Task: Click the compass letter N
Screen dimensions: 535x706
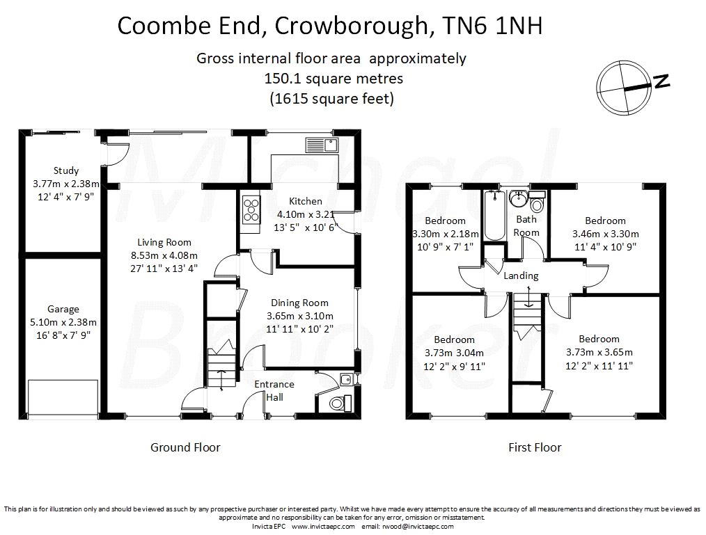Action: point(662,81)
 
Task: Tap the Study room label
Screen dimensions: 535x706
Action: point(66,170)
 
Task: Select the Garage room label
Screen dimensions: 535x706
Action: point(63,309)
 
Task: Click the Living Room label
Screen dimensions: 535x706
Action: point(164,242)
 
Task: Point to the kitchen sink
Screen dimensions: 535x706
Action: point(321,145)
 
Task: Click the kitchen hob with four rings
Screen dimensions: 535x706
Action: point(249,209)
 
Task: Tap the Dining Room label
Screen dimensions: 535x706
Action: point(299,303)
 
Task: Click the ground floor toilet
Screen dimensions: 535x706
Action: point(338,401)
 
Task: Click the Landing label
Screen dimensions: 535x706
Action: point(521,276)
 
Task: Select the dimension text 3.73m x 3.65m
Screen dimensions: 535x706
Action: point(598,352)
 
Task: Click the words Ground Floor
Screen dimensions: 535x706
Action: point(185,447)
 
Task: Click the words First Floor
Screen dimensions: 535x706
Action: point(535,447)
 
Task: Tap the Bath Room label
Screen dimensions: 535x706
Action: point(526,226)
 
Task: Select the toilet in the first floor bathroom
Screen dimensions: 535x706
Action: point(537,206)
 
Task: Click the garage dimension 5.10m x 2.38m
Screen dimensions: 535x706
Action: point(63,322)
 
